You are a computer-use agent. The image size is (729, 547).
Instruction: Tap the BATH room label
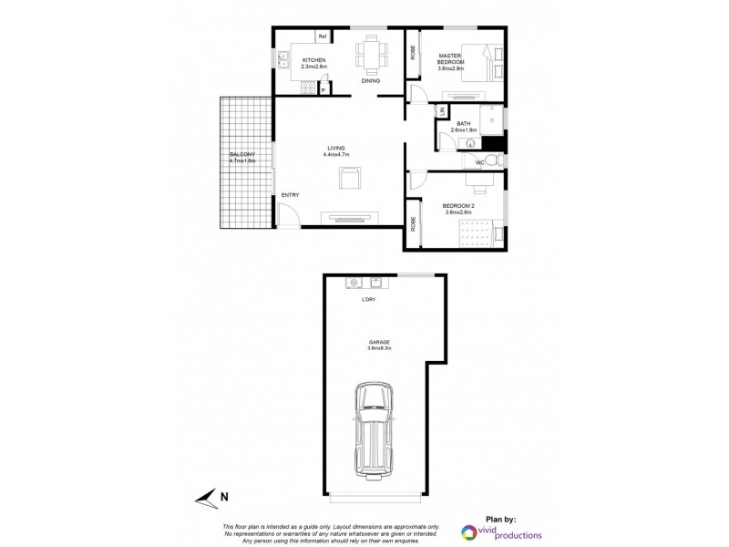pos(463,124)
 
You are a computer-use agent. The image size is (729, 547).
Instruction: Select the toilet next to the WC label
pos(492,161)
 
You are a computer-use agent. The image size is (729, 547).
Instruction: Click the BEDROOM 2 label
pos(458,206)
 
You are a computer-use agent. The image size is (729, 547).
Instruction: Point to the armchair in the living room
pos(350,179)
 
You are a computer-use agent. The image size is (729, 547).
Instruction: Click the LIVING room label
pos(337,149)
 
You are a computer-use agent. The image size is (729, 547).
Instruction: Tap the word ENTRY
pos(290,195)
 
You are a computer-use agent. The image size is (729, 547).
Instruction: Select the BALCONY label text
pos(241,154)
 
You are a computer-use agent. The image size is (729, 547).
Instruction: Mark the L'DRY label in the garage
pos(370,298)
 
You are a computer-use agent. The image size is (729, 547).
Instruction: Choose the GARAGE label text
pos(378,342)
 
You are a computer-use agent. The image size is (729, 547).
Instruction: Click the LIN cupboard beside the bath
pos(442,111)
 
